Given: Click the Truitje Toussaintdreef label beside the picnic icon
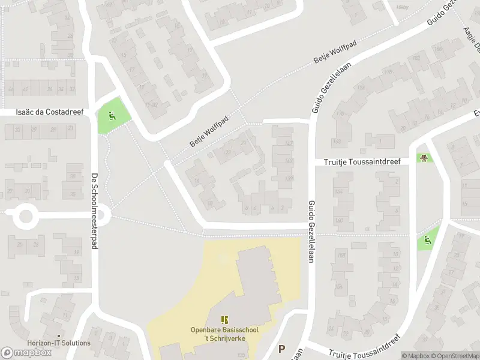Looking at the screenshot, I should tap(362, 161).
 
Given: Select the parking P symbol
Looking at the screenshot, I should tap(281, 349).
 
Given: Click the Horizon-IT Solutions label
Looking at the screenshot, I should tap(59, 343).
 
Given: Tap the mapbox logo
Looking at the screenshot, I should tap(26, 352).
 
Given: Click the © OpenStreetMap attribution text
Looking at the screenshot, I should tap(454, 356).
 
